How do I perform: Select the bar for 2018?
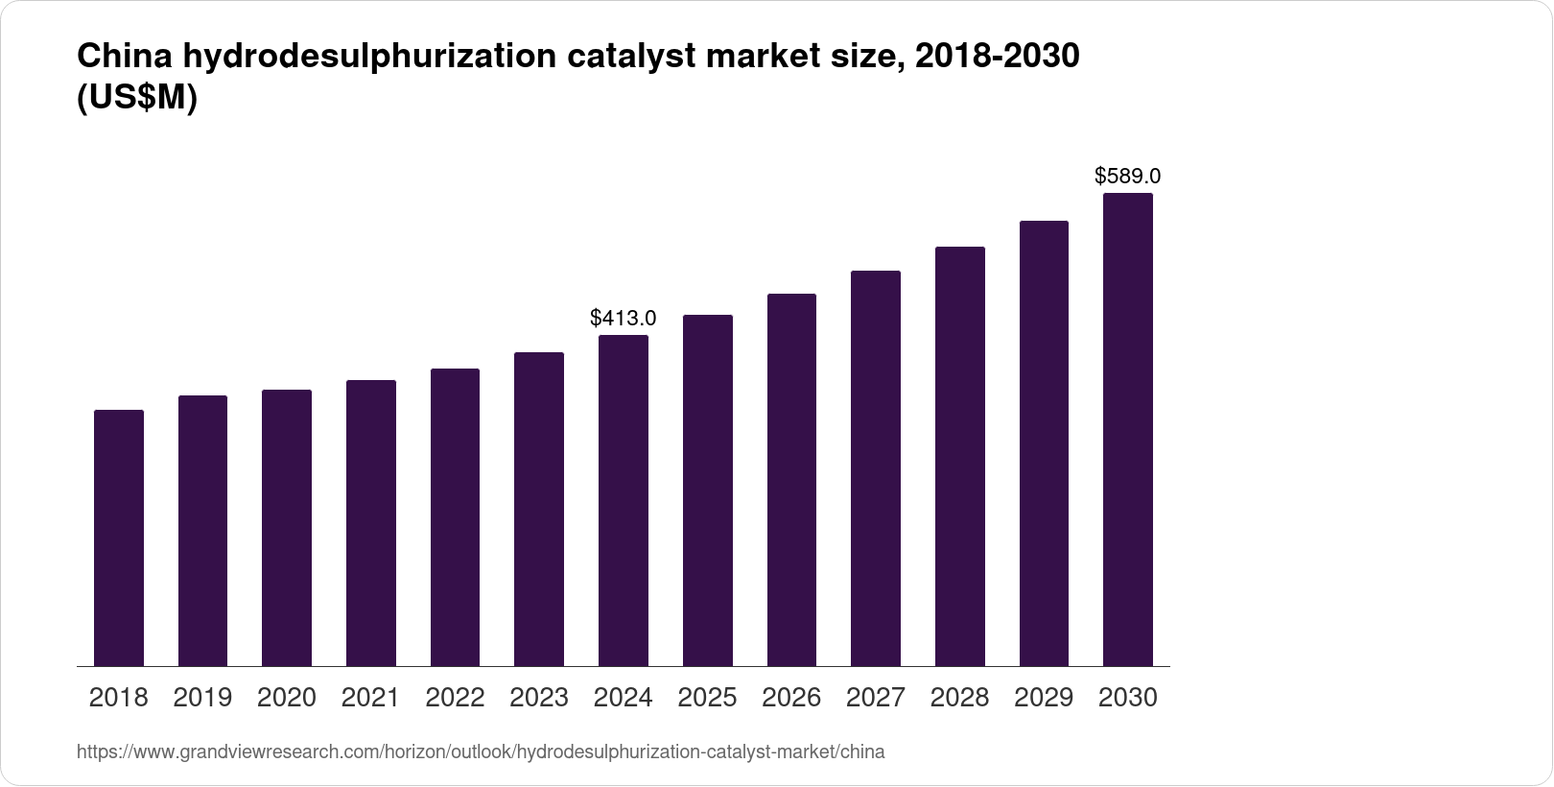119,537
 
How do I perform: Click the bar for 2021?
371,523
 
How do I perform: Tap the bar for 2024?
624,500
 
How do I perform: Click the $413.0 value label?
624,318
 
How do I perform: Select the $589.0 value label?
1128,177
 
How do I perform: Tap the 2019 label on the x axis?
202,698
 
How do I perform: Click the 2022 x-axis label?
455,698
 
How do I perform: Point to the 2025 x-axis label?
707,698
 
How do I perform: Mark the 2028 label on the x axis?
959,698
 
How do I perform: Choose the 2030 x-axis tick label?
1128,698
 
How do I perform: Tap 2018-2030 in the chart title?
998,58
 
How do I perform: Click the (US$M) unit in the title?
136,99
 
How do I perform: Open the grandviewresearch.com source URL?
480,752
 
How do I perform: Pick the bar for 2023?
539,509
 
